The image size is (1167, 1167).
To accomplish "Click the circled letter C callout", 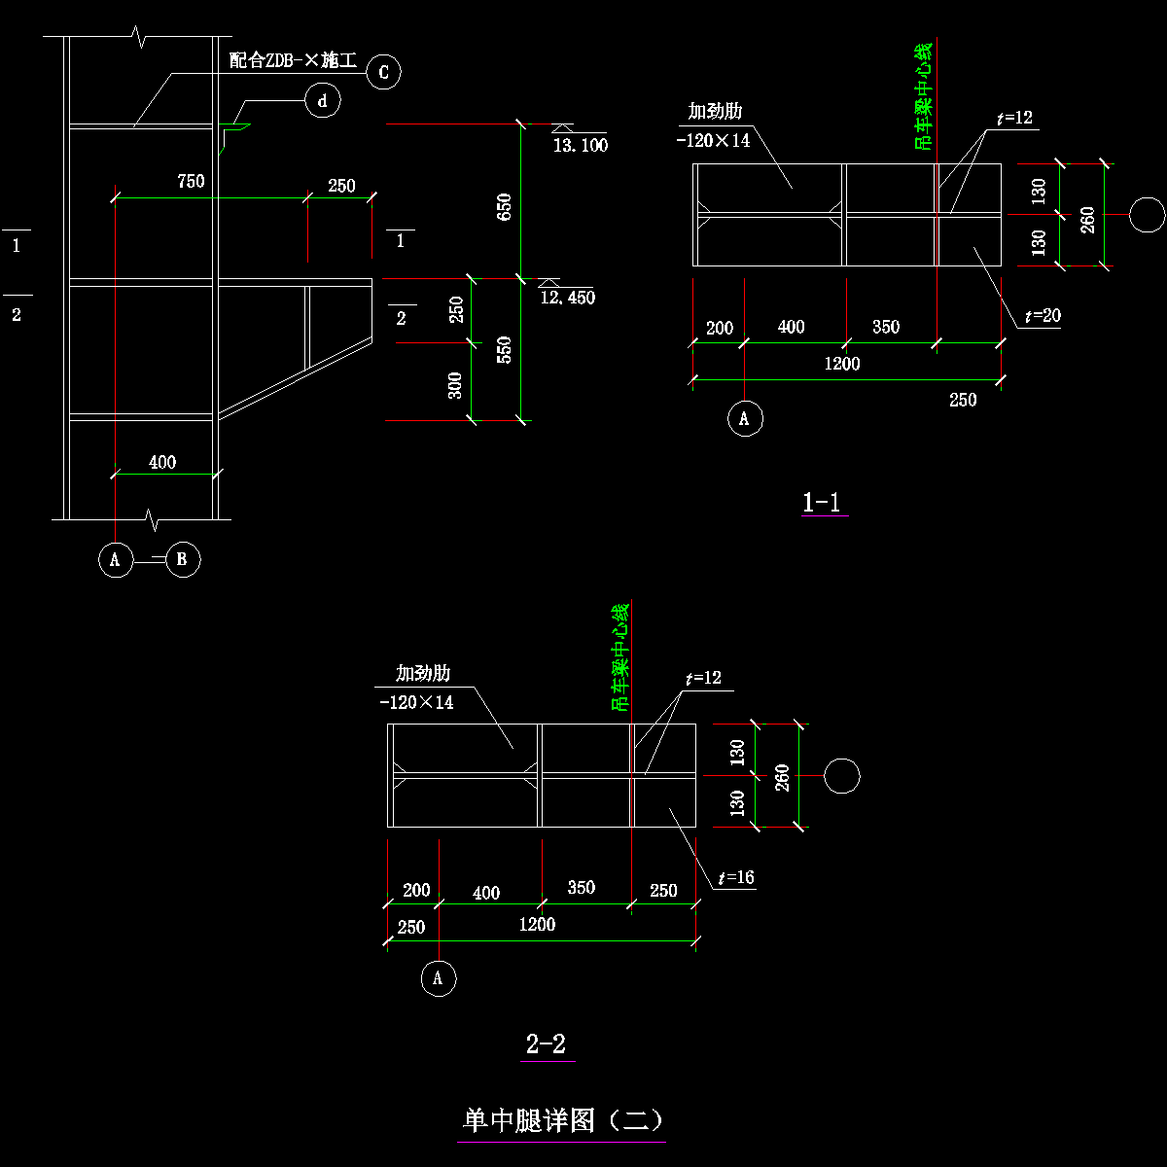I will tap(383, 72).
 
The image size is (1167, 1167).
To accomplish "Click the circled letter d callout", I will tap(323, 100).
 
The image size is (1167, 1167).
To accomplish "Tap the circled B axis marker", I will tap(183, 559).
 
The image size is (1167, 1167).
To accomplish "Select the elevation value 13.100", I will tap(580, 146).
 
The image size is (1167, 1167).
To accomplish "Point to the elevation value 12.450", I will tap(567, 298).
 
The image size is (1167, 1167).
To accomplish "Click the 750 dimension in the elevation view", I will tap(191, 181).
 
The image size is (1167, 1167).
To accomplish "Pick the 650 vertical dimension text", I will tap(505, 205).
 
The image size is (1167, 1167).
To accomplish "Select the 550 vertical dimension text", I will tap(505, 349).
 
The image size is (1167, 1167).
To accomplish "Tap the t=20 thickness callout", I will tap(1042, 316).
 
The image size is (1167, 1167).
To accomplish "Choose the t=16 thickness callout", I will tap(736, 877).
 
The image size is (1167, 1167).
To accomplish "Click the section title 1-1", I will tap(822, 502).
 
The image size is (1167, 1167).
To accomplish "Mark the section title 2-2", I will tap(546, 1044).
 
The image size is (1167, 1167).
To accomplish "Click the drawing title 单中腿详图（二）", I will tap(563, 1120).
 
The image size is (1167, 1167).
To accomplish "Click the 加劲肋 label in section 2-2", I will tap(422, 673).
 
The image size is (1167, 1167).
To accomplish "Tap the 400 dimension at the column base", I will tap(162, 462).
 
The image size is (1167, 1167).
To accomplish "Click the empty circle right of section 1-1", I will tap(1147, 215).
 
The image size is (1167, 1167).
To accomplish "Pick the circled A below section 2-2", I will tap(438, 978).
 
